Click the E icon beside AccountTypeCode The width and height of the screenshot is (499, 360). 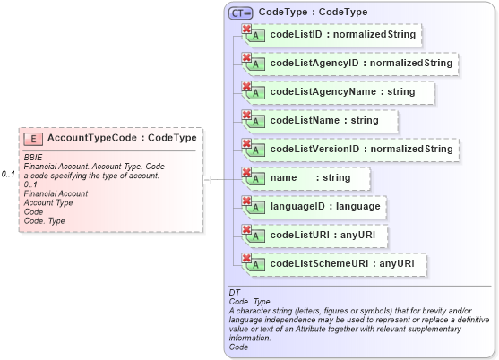(32, 139)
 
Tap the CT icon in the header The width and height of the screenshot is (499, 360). (240, 13)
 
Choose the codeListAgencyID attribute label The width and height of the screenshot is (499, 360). (361, 64)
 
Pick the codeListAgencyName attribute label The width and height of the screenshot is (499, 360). (342, 92)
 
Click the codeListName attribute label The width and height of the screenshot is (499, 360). (323, 121)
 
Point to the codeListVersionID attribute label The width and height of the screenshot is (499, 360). (361, 150)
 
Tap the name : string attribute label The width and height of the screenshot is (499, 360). (310, 178)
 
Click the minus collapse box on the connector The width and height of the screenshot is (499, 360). (207, 179)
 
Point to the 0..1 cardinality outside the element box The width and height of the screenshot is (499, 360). (9, 173)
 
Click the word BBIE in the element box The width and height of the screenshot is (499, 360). (33, 158)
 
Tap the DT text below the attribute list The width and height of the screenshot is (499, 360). (234, 293)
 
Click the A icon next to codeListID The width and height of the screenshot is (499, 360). (256, 37)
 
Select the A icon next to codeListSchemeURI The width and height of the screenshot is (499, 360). (256, 266)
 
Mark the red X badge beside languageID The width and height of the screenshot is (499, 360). (246, 200)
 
